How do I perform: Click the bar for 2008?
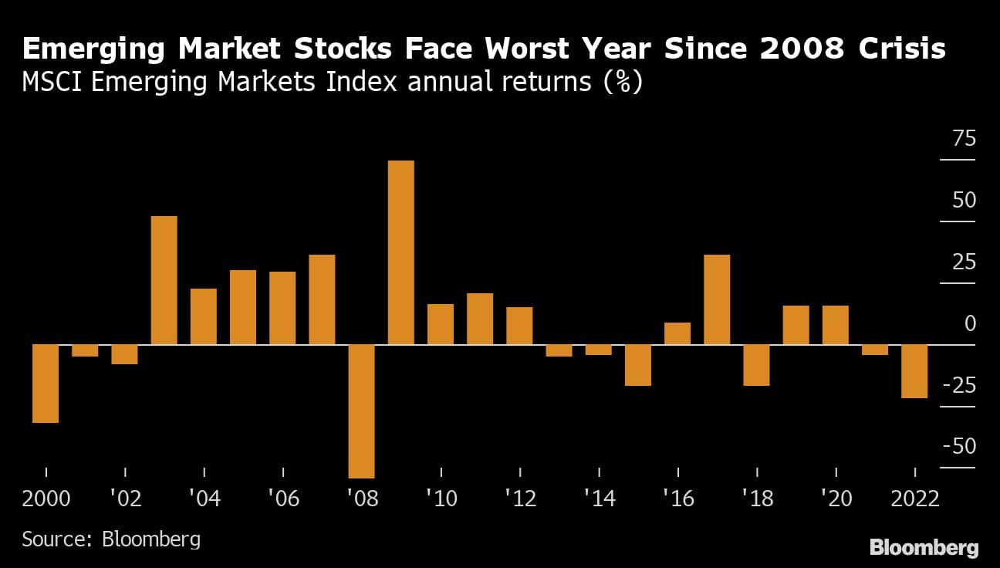pos(361,411)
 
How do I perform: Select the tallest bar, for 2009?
pos(400,252)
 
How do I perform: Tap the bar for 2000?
pos(46,384)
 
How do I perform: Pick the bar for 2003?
pos(164,280)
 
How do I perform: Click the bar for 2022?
pos(914,371)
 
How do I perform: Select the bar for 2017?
pos(717,299)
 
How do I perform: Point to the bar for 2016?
pos(677,333)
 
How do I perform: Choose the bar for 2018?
pos(756,365)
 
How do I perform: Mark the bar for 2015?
pos(638,365)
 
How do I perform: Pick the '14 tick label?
pos(599,499)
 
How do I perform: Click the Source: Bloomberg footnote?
pos(111,538)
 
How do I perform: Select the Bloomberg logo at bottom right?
pos(924,548)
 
